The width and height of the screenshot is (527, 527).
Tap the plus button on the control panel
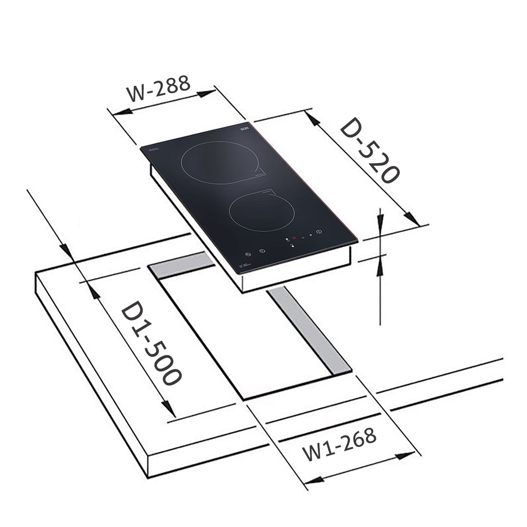tap(311, 235)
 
